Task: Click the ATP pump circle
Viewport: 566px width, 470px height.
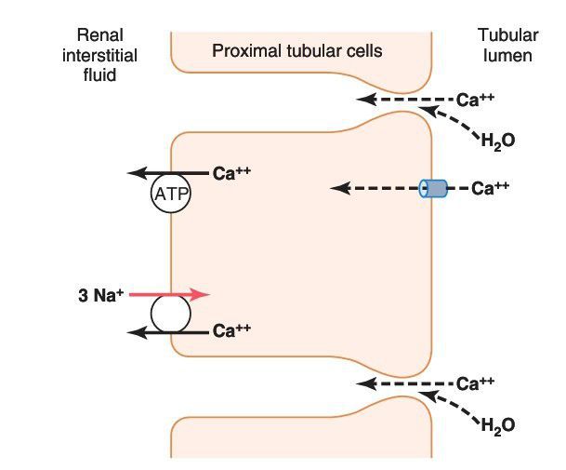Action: (x=170, y=194)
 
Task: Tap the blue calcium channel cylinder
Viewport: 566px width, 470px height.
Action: (x=432, y=189)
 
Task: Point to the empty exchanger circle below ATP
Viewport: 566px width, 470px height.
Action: (x=170, y=315)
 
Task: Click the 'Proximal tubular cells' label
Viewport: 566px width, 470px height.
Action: (x=296, y=50)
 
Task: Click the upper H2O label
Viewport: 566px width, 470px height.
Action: (x=498, y=141)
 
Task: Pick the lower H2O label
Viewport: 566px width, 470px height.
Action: (x=498, y=426)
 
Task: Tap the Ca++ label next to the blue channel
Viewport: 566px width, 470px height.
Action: (x=491, y=189)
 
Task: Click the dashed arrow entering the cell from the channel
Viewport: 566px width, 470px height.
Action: (x=372, y=189)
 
